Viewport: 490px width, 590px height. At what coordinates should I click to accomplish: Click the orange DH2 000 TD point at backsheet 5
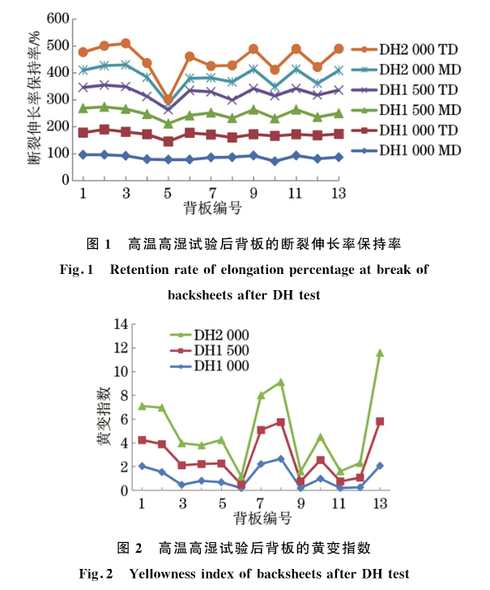point(168,98)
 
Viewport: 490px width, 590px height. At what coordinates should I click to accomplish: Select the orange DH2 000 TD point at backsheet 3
point(126,42)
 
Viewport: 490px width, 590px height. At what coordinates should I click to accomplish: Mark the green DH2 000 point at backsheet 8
point(280,382)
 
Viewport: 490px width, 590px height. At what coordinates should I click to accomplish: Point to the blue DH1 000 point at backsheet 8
point(280,459)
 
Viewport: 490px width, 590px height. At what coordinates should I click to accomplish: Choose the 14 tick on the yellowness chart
point(121,324)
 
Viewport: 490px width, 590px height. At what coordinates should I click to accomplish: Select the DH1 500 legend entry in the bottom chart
point(220,350)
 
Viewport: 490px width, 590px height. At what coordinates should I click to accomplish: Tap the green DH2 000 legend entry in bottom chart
point(220,335)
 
